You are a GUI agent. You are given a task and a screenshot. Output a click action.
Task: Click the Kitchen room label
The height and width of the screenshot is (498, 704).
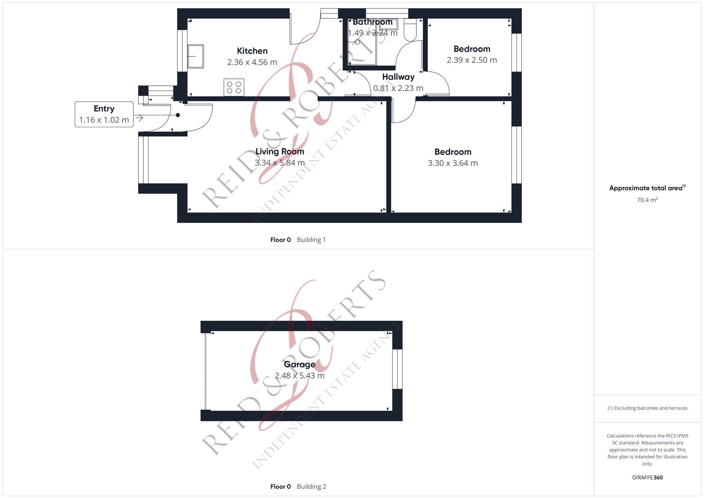coord(252,51)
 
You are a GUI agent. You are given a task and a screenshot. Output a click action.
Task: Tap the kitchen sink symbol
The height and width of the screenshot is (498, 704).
coord(195,56)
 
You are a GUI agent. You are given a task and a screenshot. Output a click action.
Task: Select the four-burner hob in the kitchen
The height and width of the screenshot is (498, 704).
coord(234,87)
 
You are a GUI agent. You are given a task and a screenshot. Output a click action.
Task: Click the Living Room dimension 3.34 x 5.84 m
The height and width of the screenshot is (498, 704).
coord(279,163)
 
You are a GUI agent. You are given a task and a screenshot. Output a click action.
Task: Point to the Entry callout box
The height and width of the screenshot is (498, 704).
coord(104,114)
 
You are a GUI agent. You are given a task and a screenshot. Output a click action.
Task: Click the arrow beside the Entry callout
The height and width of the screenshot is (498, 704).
coord(139,119)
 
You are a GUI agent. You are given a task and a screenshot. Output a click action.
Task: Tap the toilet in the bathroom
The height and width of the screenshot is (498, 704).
coord(410,31)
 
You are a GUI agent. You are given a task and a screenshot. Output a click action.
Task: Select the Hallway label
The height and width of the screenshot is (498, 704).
coord(398,77)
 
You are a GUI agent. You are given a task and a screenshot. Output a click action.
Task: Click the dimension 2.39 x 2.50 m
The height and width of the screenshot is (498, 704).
coord(472,60)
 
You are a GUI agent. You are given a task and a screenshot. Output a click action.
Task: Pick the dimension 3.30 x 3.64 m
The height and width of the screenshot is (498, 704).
coord(452,163)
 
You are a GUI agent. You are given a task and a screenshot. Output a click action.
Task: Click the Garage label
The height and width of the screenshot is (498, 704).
coord(299,364)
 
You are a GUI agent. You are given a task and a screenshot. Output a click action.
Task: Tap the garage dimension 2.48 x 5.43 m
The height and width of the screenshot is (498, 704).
coord(299,376)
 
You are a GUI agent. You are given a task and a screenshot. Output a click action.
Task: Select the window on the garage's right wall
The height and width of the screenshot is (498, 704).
coord(397,369)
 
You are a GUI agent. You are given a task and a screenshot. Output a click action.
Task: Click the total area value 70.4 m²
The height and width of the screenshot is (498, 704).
coord(647,200)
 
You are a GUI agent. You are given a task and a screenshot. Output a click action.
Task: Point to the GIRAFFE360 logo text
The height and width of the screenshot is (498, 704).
coord(647,478)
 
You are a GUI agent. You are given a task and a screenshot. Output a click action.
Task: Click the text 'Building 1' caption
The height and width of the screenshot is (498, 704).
coord(311,240)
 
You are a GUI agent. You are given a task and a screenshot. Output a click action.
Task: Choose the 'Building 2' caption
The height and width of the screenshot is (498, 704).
coord(311,486)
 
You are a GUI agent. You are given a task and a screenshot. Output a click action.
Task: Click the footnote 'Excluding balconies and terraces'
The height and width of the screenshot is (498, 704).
coord(647,408)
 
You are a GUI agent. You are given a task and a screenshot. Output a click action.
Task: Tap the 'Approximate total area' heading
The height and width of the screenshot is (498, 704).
coord(647,188)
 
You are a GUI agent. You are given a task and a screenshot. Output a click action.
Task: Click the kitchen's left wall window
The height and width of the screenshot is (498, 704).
coord(183,51)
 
